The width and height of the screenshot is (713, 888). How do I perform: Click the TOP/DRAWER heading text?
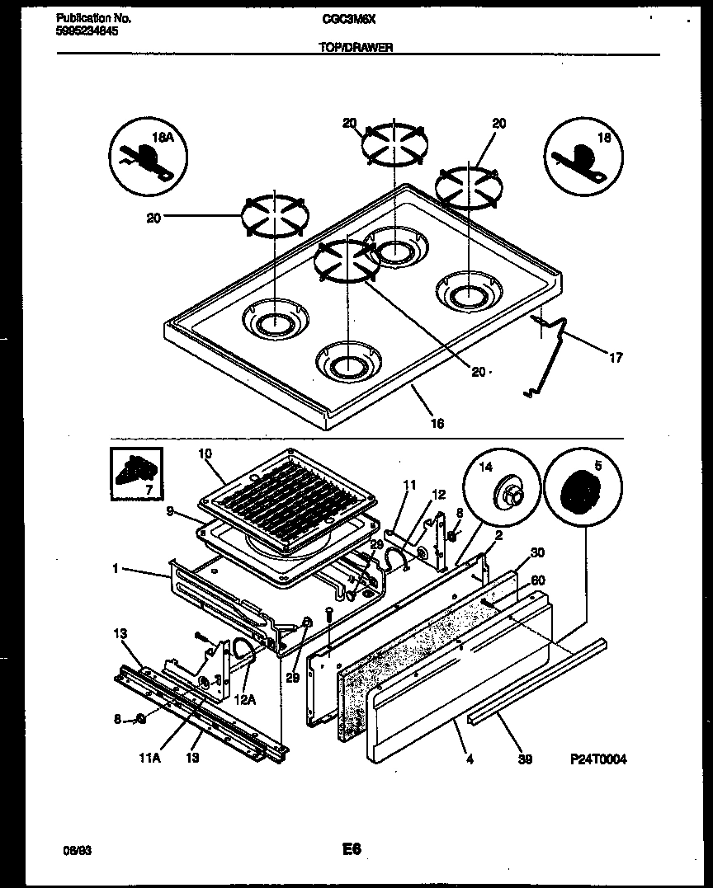tap(356, 48)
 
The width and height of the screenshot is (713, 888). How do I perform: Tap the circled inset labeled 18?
tap(583, 157)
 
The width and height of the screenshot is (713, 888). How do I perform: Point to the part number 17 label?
tap(616, 357)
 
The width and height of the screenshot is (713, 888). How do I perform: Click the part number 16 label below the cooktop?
tap(437, 423)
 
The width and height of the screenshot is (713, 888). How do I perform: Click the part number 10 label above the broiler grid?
tap(205, 453)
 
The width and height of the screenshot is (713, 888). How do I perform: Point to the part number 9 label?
tap(170, 511)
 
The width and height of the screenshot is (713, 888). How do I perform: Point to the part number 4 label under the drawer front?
tap(470, 759)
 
